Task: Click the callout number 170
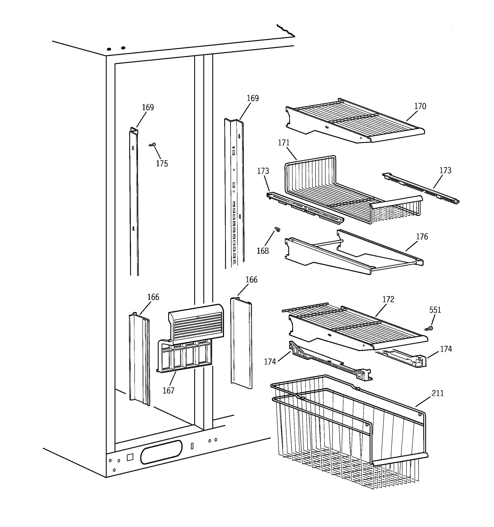click(x=420, y=106)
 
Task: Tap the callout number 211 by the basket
click(x=438, y=393)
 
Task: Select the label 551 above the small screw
click(x=435, y=310)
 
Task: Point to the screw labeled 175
click(x=152, y=145)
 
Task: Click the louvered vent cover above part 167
click(x=196, y=324)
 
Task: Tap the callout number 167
click(x=168, y=391)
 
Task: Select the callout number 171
click(x=283, y=143)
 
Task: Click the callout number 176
click(x=422, y=237)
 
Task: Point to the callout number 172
click(x=388, y=300)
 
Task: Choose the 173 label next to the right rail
click(x=445, y=171)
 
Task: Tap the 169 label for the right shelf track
click(x=253, y=98)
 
